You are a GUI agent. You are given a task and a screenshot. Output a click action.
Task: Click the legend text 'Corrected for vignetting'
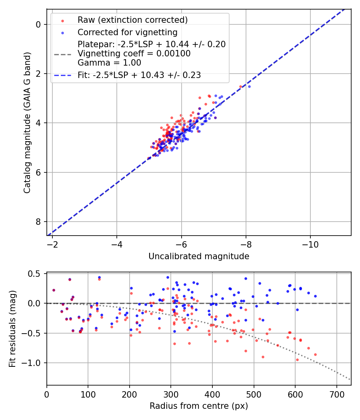[x=127, y=32]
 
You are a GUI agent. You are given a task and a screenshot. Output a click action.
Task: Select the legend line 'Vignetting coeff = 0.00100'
[x=134, y=54]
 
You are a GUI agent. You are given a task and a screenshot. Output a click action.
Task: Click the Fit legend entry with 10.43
[x=139, y=75]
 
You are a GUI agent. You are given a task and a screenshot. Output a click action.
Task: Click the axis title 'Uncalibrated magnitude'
[x=199, y=256]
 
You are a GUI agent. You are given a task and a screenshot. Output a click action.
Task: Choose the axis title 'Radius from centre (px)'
[x=199, y=406]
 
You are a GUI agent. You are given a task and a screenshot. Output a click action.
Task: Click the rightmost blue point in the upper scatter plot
[x=249, y=86]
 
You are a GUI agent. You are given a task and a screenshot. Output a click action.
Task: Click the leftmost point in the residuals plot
[x=54, y=290]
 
